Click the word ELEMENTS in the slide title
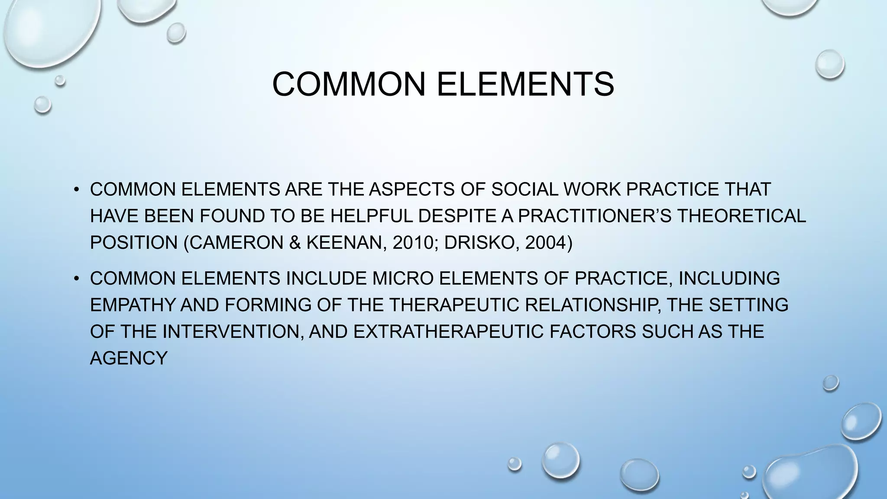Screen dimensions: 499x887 tap(525, 84)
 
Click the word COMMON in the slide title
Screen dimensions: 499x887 tap(349, 84)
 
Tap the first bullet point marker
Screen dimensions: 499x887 tap(77, 190)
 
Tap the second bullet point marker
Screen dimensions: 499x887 tap(77, 278)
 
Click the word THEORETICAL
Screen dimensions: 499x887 tap(741, 216)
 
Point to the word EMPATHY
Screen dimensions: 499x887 tap(133, 305)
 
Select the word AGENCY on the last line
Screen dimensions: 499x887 tap(129, 358)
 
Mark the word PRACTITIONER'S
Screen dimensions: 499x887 tap(594, 216)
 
